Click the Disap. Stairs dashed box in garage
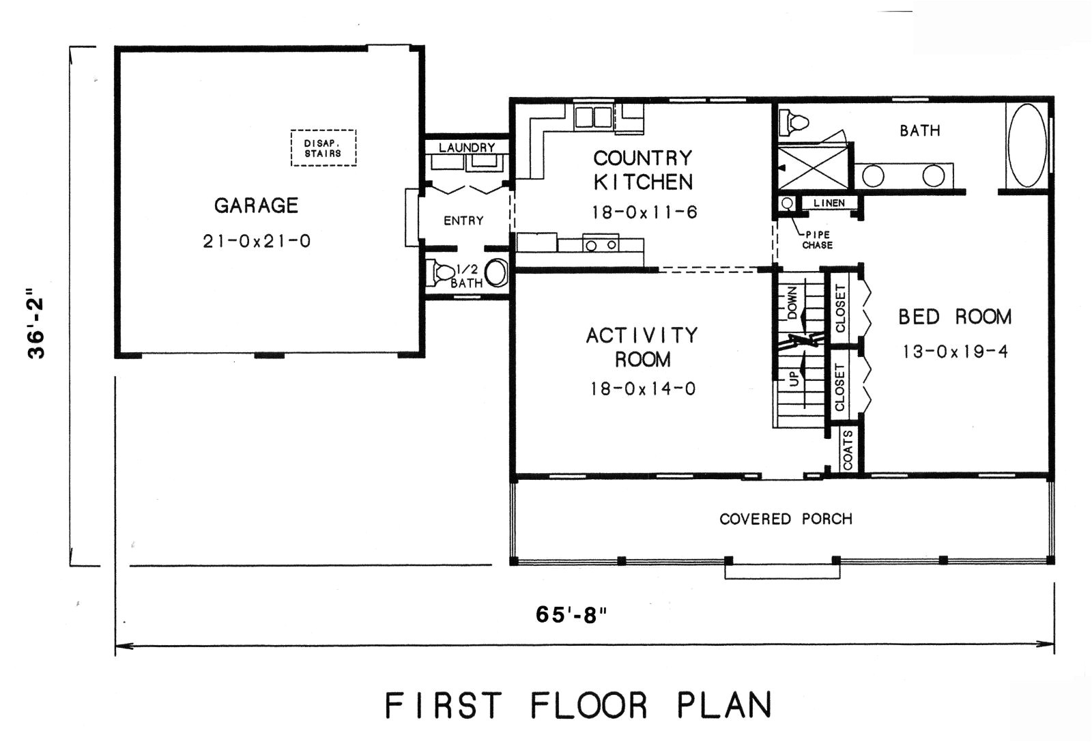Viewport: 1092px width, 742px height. click(324, 148)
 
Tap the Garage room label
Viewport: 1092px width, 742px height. click(256, 205)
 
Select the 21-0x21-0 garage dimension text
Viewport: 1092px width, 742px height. click(256, 241)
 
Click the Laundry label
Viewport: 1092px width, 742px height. click(467, 147)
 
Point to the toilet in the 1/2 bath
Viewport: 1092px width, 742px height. click(440, 272)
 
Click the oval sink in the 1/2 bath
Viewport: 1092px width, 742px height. click(496, 272)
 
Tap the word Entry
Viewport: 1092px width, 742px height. click(463, 220)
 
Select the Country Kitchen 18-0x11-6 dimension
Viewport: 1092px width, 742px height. click(644, 212)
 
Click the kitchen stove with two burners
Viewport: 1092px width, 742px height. click(601, 244)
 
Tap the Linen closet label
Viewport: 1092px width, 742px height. click(829, 203)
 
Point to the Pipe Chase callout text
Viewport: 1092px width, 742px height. click(817, 240)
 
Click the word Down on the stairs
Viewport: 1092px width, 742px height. click(792, 303)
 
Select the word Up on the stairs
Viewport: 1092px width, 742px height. click(794, 380)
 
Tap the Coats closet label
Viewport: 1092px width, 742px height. click(848, 449)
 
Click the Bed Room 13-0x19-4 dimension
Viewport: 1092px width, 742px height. click(955, 352)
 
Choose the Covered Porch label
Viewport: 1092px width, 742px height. click(786, 519)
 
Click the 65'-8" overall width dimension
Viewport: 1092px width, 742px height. click(571, 615)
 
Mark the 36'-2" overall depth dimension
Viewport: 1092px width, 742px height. click(35, 327)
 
